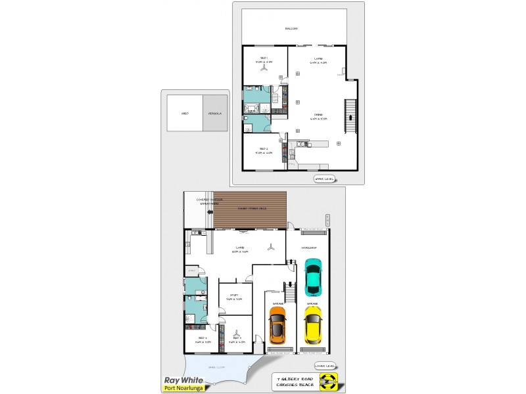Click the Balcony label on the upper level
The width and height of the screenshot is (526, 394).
[x=291, y=29]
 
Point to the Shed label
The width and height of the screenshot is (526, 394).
[x=185, y=114]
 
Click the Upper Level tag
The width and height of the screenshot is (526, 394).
[x=325, y=179]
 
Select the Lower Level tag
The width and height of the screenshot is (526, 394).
[x=325, y=366]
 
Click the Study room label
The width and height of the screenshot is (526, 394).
[x=235, y=297]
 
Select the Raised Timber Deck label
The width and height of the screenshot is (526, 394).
[x=251, y=208]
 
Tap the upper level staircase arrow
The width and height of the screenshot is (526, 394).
[x=350, y=119]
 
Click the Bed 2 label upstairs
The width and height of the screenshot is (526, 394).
[x=264, y=150]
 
